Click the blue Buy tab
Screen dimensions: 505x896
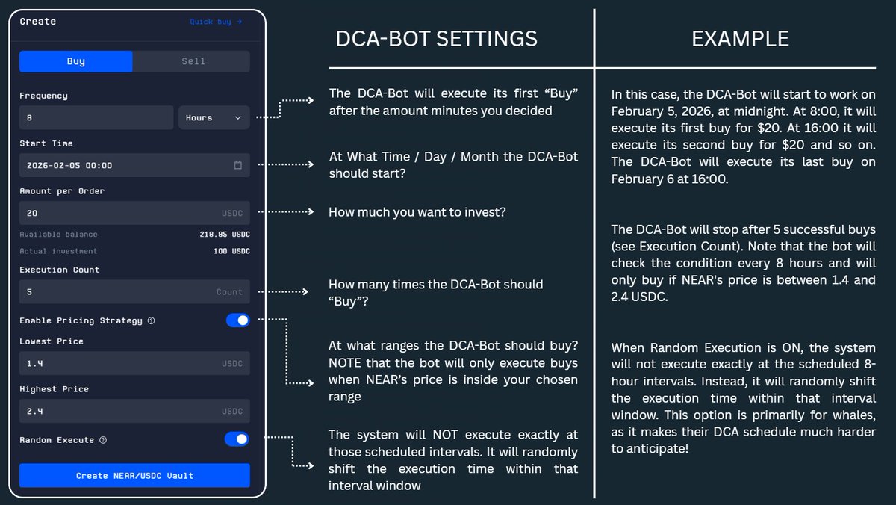click(75, 61)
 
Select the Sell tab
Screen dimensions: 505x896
click(193, 61)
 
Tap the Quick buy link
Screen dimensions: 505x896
click(216, 22)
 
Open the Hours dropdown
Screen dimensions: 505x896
click(214, 117)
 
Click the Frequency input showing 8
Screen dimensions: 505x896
click(96, 117)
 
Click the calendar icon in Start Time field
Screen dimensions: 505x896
click(238, 165)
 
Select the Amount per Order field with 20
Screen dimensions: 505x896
click(119, 213)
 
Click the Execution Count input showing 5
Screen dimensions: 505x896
click(119, 292)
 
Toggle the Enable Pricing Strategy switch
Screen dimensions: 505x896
click(237, 320)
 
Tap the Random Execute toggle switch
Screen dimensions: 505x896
click(237, 439)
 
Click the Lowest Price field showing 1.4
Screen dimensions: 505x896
click(119, 364)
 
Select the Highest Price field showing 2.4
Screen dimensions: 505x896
click(119, 412)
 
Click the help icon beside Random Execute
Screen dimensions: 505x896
click(103, 440)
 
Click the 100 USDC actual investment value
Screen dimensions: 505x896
click(231, 251)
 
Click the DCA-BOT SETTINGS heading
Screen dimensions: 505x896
click(436, 38)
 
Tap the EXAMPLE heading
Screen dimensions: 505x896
click(740, 38)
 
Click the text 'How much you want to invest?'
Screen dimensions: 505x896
click(417, 212)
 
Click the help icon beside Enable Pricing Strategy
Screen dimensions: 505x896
click(151, 320)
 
